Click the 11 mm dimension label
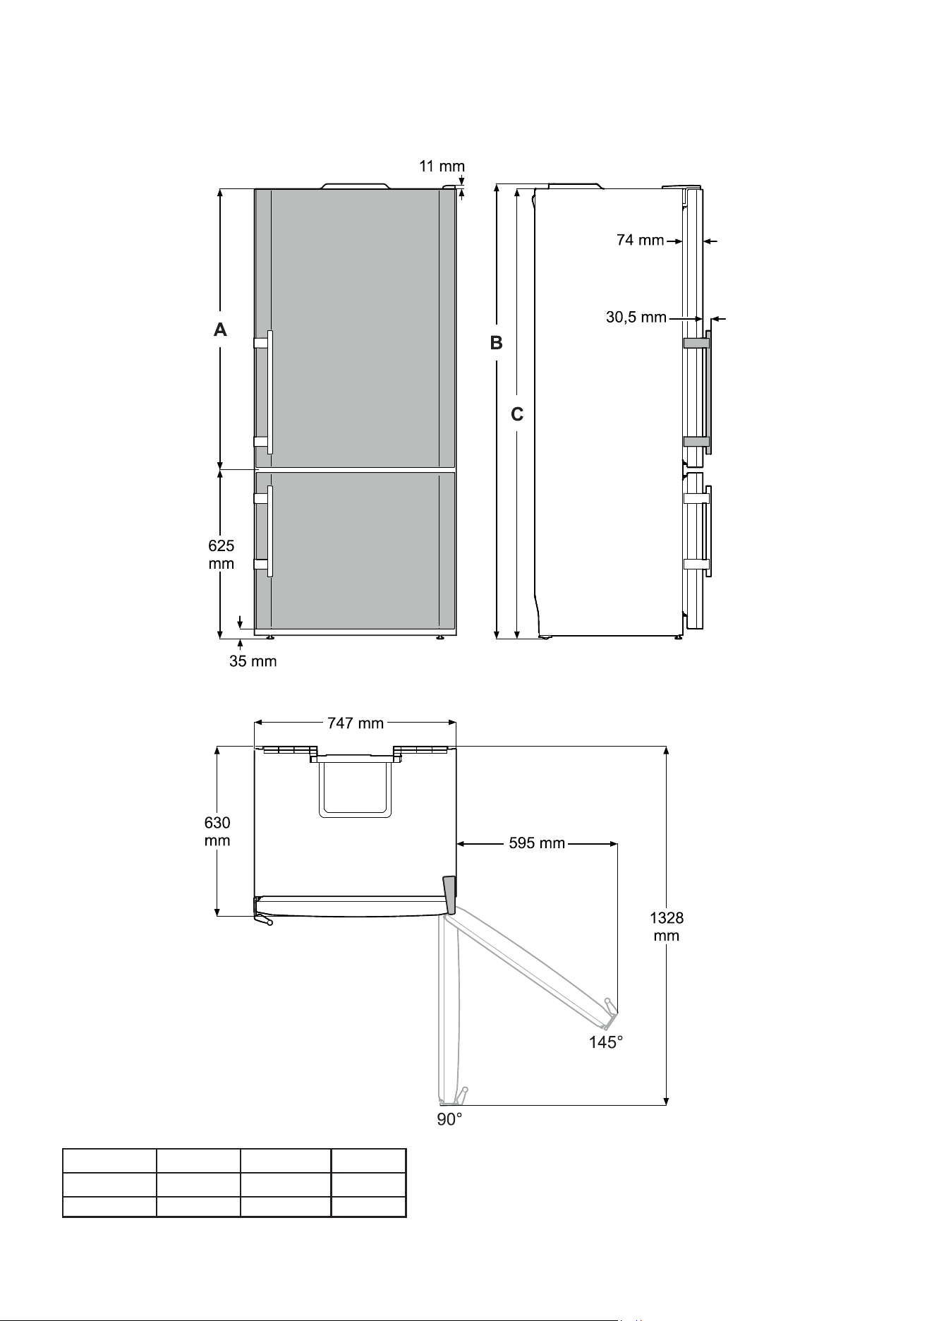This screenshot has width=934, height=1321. [x=442, y=167]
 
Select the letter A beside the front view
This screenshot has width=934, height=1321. [x=221, y=330]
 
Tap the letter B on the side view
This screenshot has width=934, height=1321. [x=497, y=343]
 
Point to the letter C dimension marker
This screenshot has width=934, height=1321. [x=517, y=415]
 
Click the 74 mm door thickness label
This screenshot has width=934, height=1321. [x=641, y=241]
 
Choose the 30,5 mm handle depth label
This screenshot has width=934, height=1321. [x=636, y=318]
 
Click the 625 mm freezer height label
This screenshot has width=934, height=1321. [x=222, y=555]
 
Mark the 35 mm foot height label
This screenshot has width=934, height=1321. [x=253, y=661]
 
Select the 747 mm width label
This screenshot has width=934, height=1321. [x=356, y=723]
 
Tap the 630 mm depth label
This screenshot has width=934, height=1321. [x=217, y=831]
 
